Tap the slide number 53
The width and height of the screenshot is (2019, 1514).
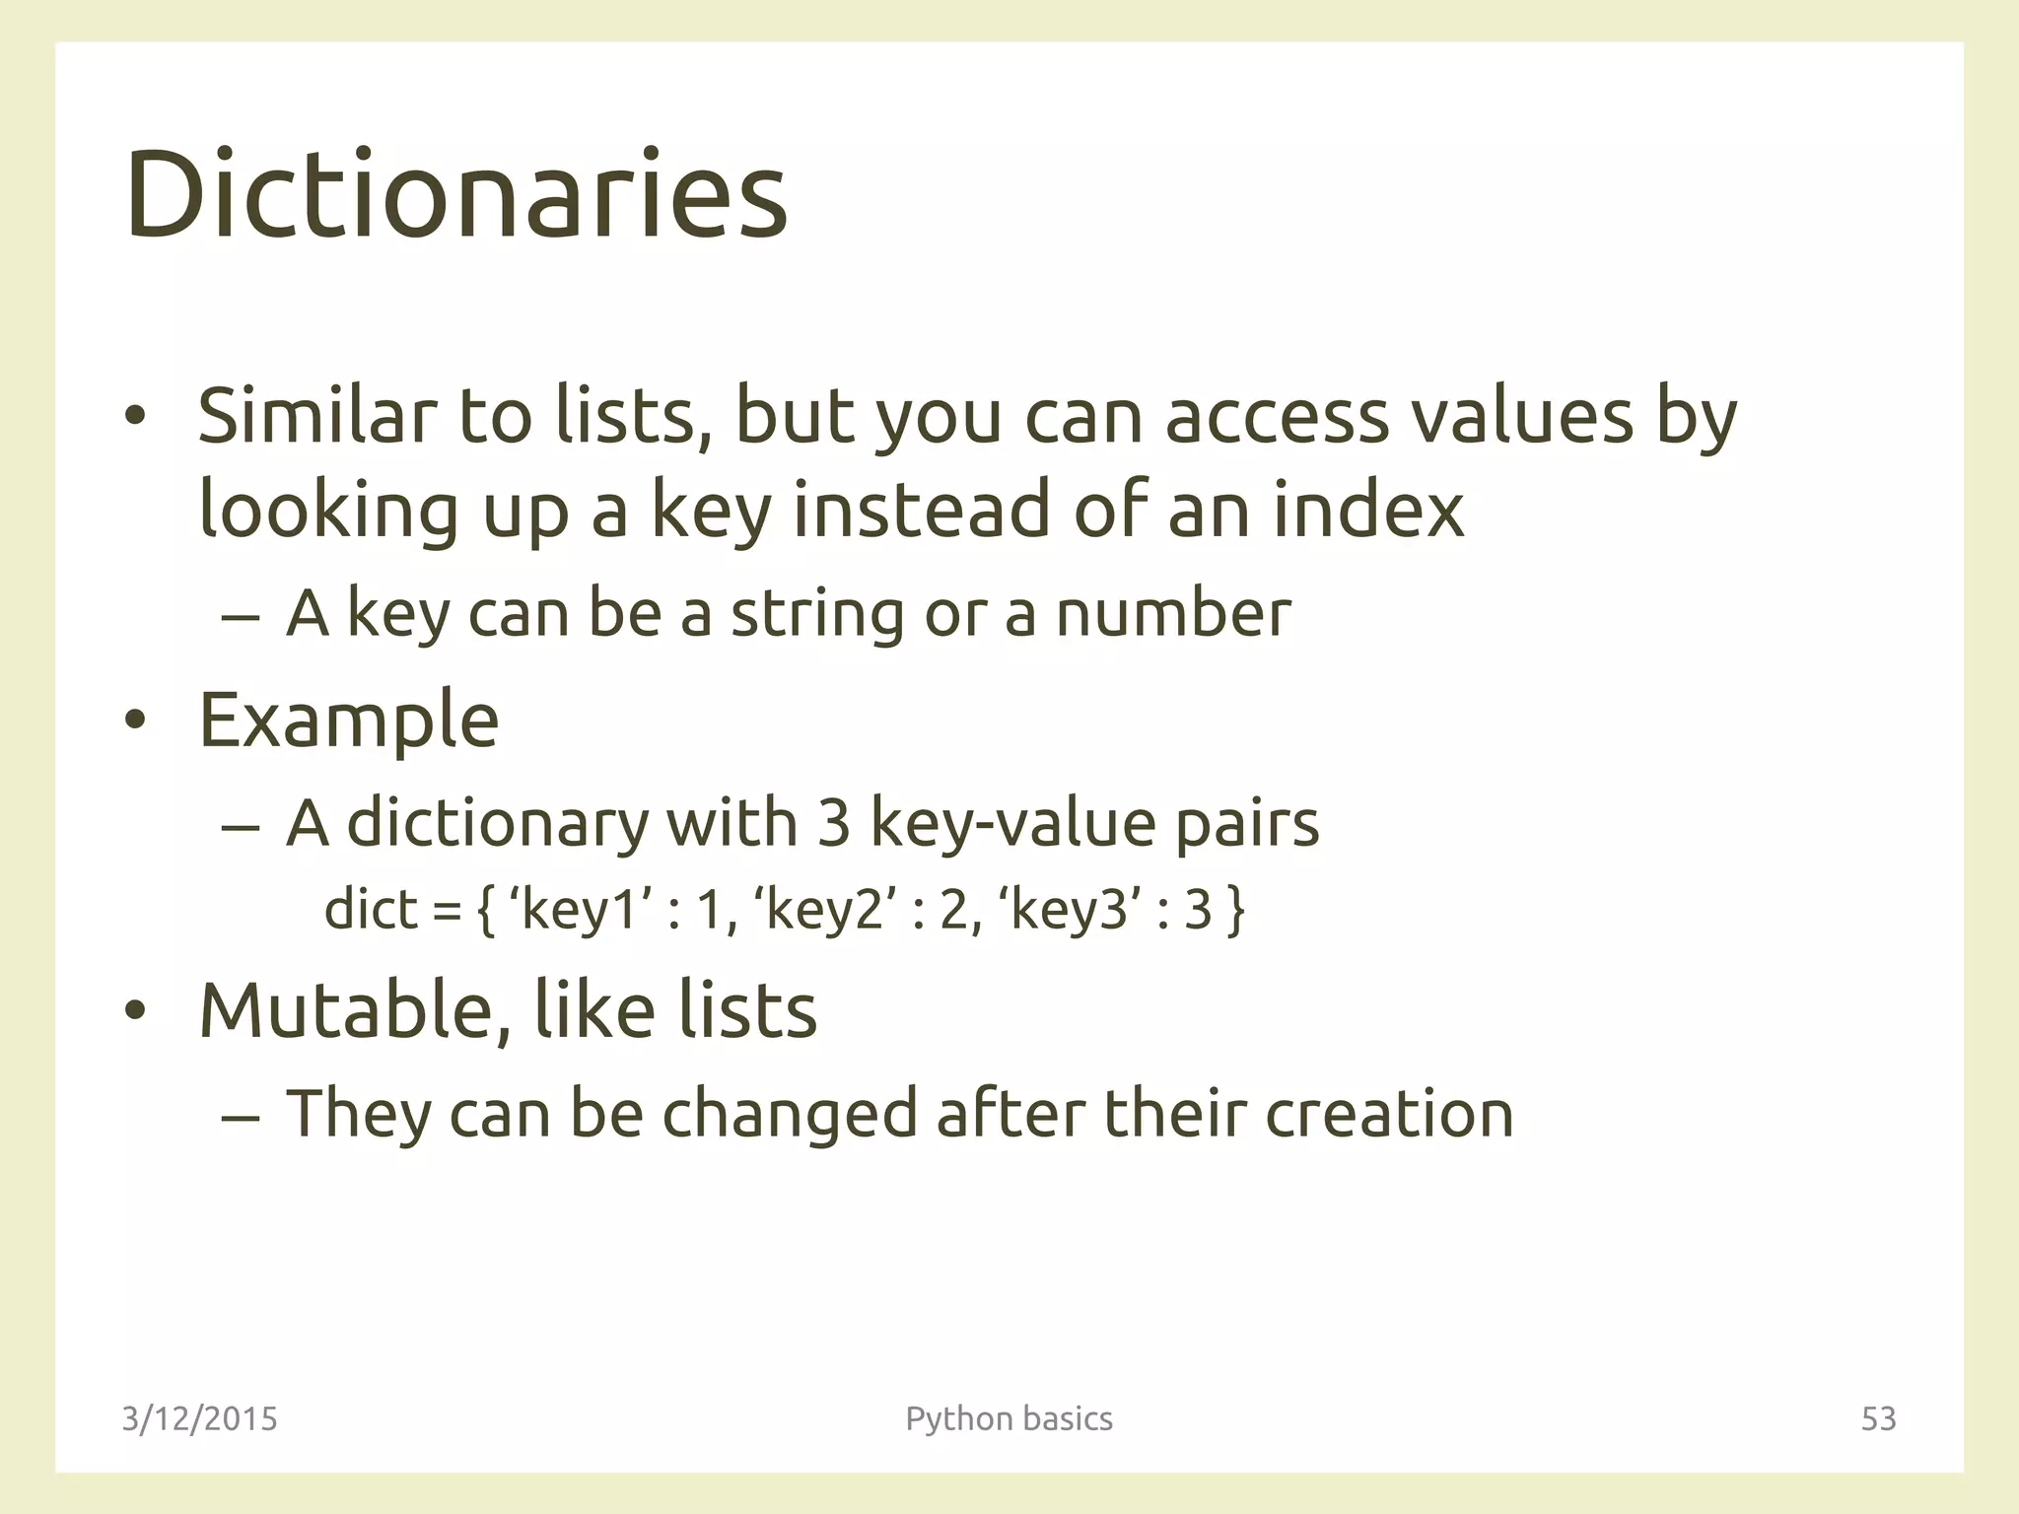[x=1878, y=1418]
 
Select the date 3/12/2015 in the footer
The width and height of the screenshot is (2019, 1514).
[x=199, y=1418]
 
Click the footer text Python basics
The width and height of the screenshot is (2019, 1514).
[x=1009, y=1418]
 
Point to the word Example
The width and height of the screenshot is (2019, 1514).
[x=348, y=721]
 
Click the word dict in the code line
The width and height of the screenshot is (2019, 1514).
[x=371, y=909]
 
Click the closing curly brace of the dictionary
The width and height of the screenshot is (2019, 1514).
[x=1236, y=911]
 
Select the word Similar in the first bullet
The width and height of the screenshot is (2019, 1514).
[x=316, y=415]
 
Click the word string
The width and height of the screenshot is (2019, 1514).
[x=816, y=614]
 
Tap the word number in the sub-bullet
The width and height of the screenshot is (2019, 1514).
[x=1173, y=613]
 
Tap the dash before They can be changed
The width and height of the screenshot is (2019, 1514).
[x=241, y=1118]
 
